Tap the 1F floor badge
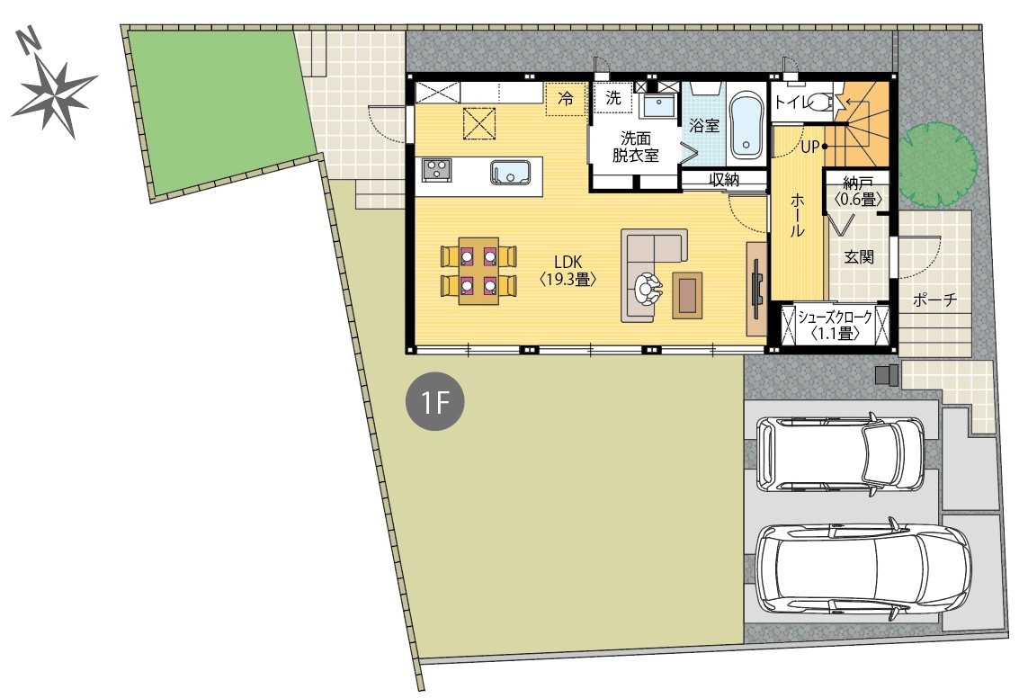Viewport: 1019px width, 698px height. [x=434, y=402]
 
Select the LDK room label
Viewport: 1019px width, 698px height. [x=568, y=271]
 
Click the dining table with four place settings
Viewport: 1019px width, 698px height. [x=478, y=271]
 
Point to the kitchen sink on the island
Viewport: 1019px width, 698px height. [x=511, y=172]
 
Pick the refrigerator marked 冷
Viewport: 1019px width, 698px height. [x=566, y=99]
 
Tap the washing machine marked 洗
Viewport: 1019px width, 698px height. [x=612, y=98]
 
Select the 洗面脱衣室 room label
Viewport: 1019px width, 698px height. [x=636, y=147]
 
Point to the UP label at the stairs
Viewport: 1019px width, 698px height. [x=809, y=148]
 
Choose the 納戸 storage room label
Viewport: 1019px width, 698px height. [x=858, y=191]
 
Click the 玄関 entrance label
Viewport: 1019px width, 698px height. [x=859, y=256]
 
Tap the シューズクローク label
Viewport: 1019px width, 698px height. [x=836, y=318]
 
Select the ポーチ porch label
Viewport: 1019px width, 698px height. [x=935, y=300]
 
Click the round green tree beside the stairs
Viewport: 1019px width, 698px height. [x=938, y=157]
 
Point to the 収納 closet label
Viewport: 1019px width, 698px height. [x=724, y=179]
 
